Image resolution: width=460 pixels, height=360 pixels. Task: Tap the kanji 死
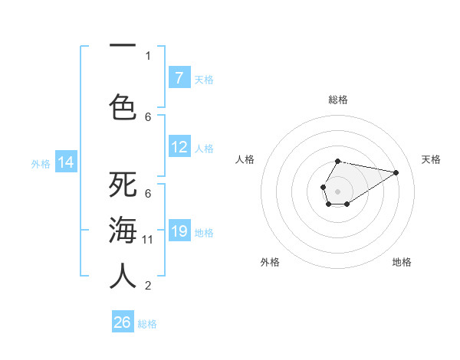(123, 185)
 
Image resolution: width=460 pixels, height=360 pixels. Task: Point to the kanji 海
(123, 231)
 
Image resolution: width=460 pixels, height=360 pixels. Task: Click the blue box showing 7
(179, 77)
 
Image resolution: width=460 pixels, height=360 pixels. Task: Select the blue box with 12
(179, 147)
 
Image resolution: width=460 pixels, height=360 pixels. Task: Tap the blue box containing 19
(179, 231)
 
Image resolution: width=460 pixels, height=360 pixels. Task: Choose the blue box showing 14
(66, 162)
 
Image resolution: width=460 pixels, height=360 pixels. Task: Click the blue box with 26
(123, 322)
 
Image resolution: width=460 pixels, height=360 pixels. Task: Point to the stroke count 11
(148, 240)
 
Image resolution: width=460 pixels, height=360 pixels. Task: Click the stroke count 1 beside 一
(148, 55)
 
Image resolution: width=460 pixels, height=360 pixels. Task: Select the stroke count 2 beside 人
(148, 286)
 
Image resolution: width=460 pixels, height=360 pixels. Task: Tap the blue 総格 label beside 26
(147, 324)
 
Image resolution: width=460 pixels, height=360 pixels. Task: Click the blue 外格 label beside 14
(41, 163)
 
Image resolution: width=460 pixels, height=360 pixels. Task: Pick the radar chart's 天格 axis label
(431, 159)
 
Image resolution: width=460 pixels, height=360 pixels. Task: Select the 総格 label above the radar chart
(337, 100)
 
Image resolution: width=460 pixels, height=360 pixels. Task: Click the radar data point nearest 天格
(396, 172)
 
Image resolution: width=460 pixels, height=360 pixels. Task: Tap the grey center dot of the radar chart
(337, 191)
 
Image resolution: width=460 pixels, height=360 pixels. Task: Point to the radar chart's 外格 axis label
(270, 262)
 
